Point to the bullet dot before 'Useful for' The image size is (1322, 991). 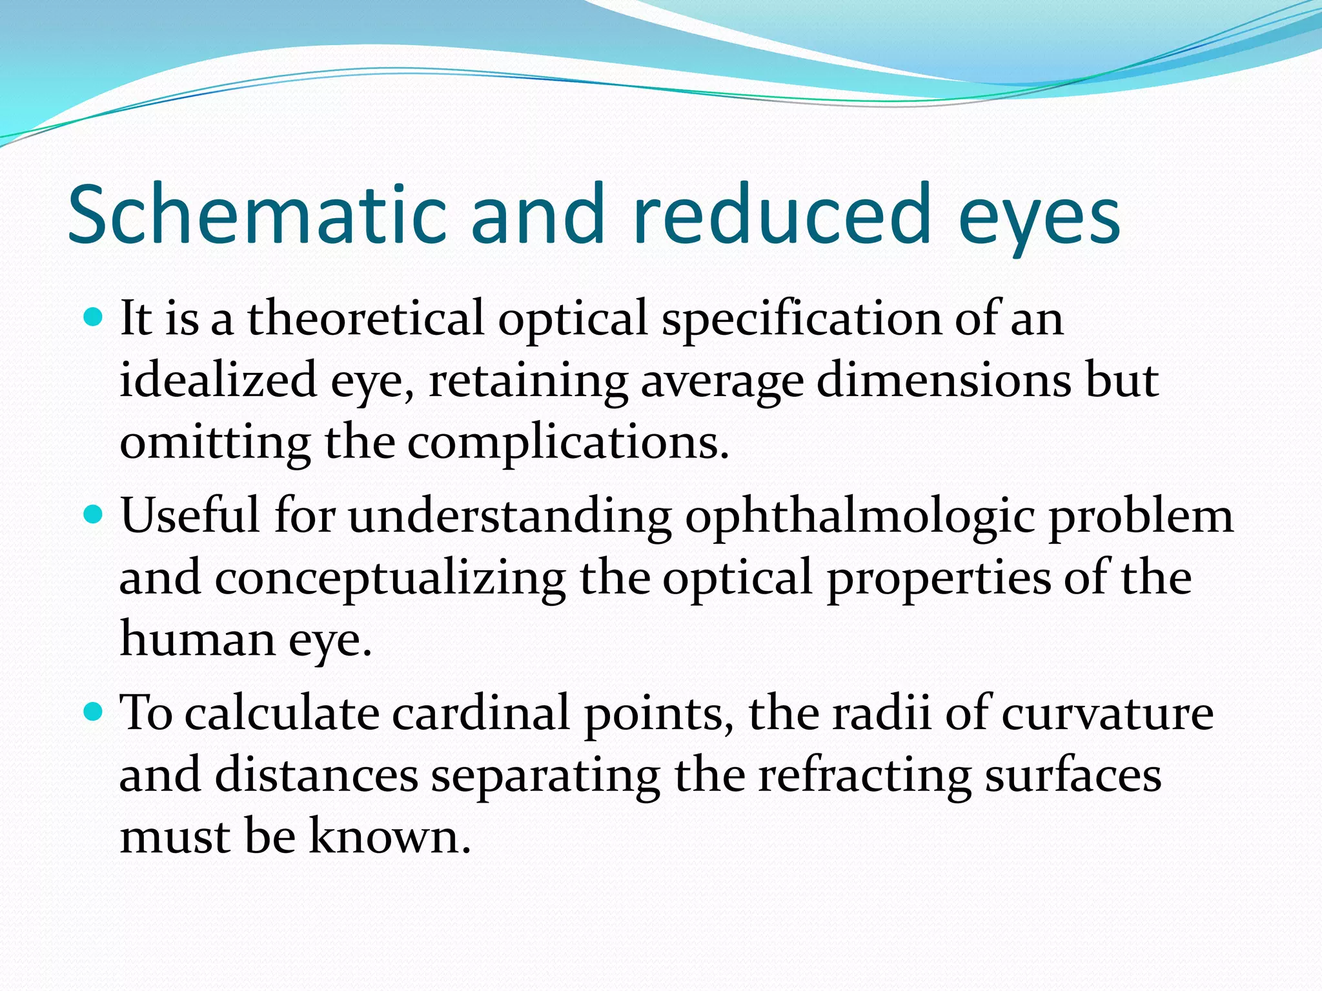click(x=94, y=514)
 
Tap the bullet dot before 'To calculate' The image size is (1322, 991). click(x=94, y=712)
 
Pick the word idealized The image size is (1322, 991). click(x=218, y=380)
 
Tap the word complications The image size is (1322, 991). click(x=568, y=445)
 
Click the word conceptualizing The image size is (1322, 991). click(x=390, y=579)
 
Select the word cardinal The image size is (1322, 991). click(x=480, y=714)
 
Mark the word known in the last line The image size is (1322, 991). click(x=390, y=836)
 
